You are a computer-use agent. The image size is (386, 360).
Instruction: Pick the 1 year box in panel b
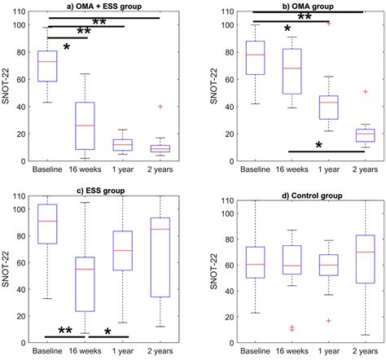329,108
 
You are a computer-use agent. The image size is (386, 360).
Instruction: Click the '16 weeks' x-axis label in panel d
292,352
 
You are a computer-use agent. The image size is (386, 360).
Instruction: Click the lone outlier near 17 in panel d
329,320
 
